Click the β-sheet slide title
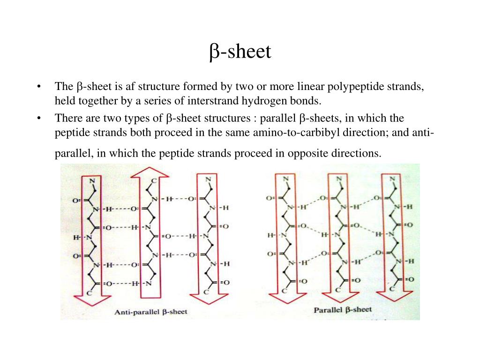tap(240, 52)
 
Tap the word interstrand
tap(212, 100)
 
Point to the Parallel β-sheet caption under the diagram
tap(343, 309)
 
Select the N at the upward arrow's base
tap(149, 283)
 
